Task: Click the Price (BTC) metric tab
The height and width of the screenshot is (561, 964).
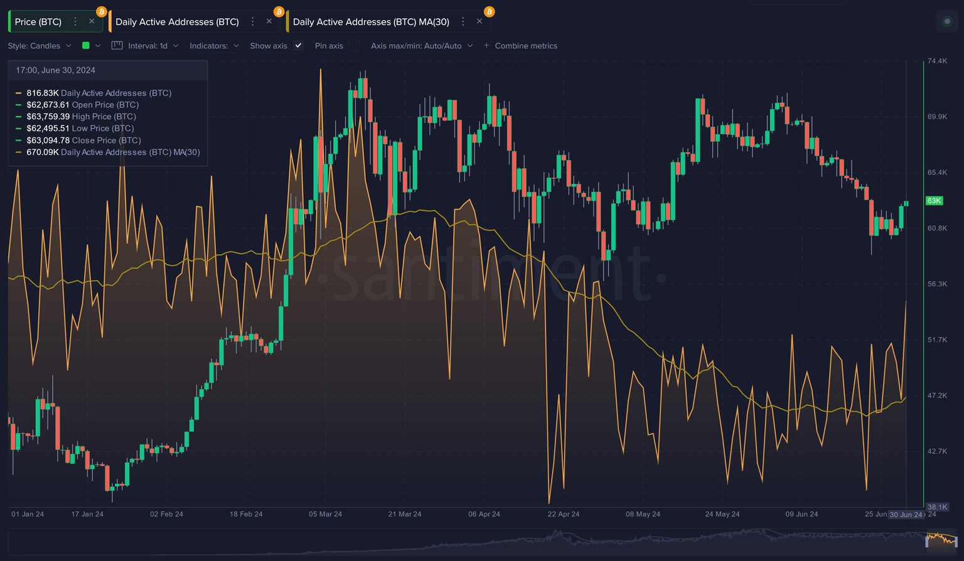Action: point(38,22)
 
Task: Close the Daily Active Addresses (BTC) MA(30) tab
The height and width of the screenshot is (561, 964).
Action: point(479,21)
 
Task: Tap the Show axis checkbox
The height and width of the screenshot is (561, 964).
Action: point(299,46)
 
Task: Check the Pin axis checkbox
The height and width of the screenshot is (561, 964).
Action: point(355,46)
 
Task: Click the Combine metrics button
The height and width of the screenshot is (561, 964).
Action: point(520,46)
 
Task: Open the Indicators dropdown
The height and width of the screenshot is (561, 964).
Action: point(214,46)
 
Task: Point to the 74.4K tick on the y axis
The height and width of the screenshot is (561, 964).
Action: point(937,61)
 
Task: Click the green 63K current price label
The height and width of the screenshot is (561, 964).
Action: point(934,201)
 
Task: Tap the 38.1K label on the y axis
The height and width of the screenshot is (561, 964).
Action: point(937,507)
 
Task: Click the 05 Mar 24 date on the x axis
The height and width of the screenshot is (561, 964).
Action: point(325,514)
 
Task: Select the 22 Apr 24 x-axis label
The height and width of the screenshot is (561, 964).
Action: point(563,514)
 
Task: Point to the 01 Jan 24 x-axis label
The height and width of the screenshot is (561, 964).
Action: point(28,514)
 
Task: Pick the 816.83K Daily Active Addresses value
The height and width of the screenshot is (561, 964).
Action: point(43,93)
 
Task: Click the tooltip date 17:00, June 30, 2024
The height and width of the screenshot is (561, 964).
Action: point(56,70)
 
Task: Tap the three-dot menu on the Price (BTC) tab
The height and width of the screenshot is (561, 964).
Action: point(75,21)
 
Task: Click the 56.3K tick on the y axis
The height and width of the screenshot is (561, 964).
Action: point(937,284)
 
